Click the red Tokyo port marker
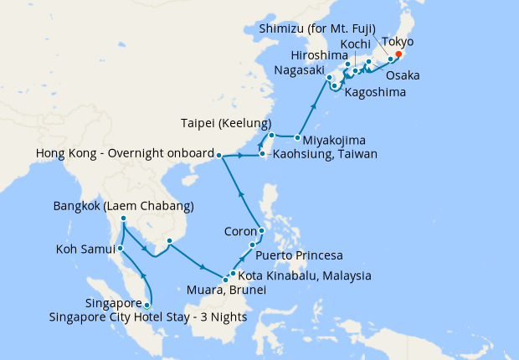point(398,54)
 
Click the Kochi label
point(356,44)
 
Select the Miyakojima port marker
point(298,136)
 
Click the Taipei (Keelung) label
point(224,122)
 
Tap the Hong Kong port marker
point(218,156)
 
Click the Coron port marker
point(262,231)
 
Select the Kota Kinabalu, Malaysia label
point(305,275)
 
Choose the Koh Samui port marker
point(121,248)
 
